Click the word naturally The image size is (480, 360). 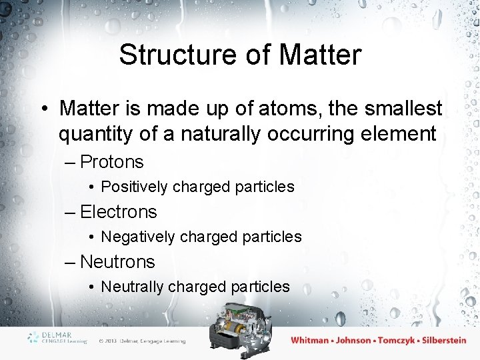[x=215, y=134]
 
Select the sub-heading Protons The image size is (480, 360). [x=111, y=162]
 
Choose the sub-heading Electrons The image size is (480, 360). [x=118, y=212]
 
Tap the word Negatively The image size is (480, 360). [x=137, y=237]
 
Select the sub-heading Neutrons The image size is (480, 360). [x=117, y=262]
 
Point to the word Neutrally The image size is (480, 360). [x=132, y=287]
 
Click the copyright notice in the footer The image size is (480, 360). [x=141, y=341]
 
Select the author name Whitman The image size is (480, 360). [x=310, y=340]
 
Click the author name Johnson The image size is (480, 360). [x=353, y=340]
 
